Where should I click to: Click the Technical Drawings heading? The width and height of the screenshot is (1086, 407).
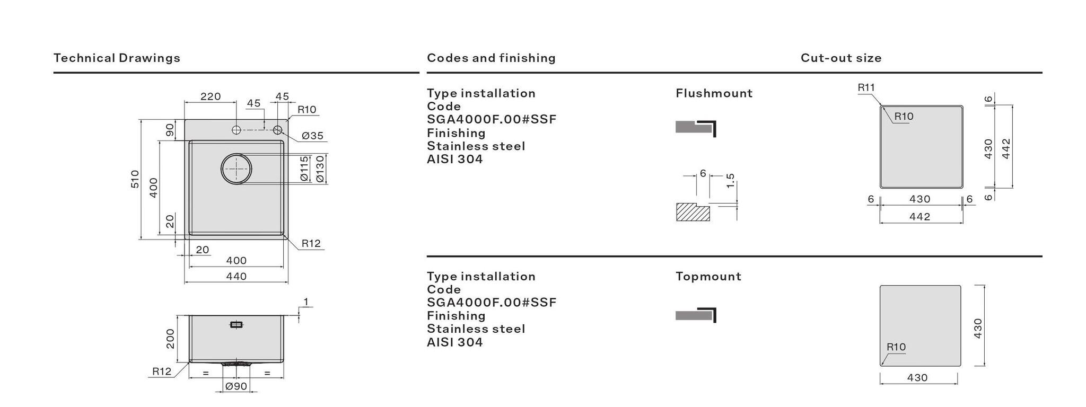click(x=117, y=58)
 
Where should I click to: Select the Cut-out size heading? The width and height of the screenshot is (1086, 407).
click(x=841, y=58)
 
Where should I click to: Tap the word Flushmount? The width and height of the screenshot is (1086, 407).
click(x=714, y=93)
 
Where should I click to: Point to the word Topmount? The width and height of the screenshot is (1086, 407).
click(x=708, y=276)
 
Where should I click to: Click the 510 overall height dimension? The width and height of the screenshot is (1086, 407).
click(x=135, y=179)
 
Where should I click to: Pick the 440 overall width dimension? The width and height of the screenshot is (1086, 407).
click(x=236, y=276)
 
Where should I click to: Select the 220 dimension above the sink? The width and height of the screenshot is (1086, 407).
click(x=211, y=96)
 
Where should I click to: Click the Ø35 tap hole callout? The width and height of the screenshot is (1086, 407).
click(x=312, y=136)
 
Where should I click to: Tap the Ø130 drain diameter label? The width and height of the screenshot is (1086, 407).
click(x=320, y=169)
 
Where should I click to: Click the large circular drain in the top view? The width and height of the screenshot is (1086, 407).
click(x=236, y=169)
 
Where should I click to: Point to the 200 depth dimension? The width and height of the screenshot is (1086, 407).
click(x=170, y=339)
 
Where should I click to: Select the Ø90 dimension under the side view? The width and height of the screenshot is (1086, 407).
click(x=236, y=386)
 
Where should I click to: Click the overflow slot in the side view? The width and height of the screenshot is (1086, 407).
click(x=237, y=325)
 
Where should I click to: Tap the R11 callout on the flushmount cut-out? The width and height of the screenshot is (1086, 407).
click(x=866, y=87)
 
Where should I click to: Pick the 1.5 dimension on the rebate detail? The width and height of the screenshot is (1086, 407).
click(x=730, y=181)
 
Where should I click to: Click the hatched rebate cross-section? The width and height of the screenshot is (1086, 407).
click(x=692, y=213)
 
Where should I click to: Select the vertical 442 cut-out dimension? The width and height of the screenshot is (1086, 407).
click(x=1006, y=148)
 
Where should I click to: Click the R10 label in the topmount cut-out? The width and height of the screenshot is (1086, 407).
click(x=896, y=347)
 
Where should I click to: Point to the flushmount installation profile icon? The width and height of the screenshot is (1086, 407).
click(x=696, y=128)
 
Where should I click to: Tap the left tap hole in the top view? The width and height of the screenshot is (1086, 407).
click(x=237, y=130)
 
